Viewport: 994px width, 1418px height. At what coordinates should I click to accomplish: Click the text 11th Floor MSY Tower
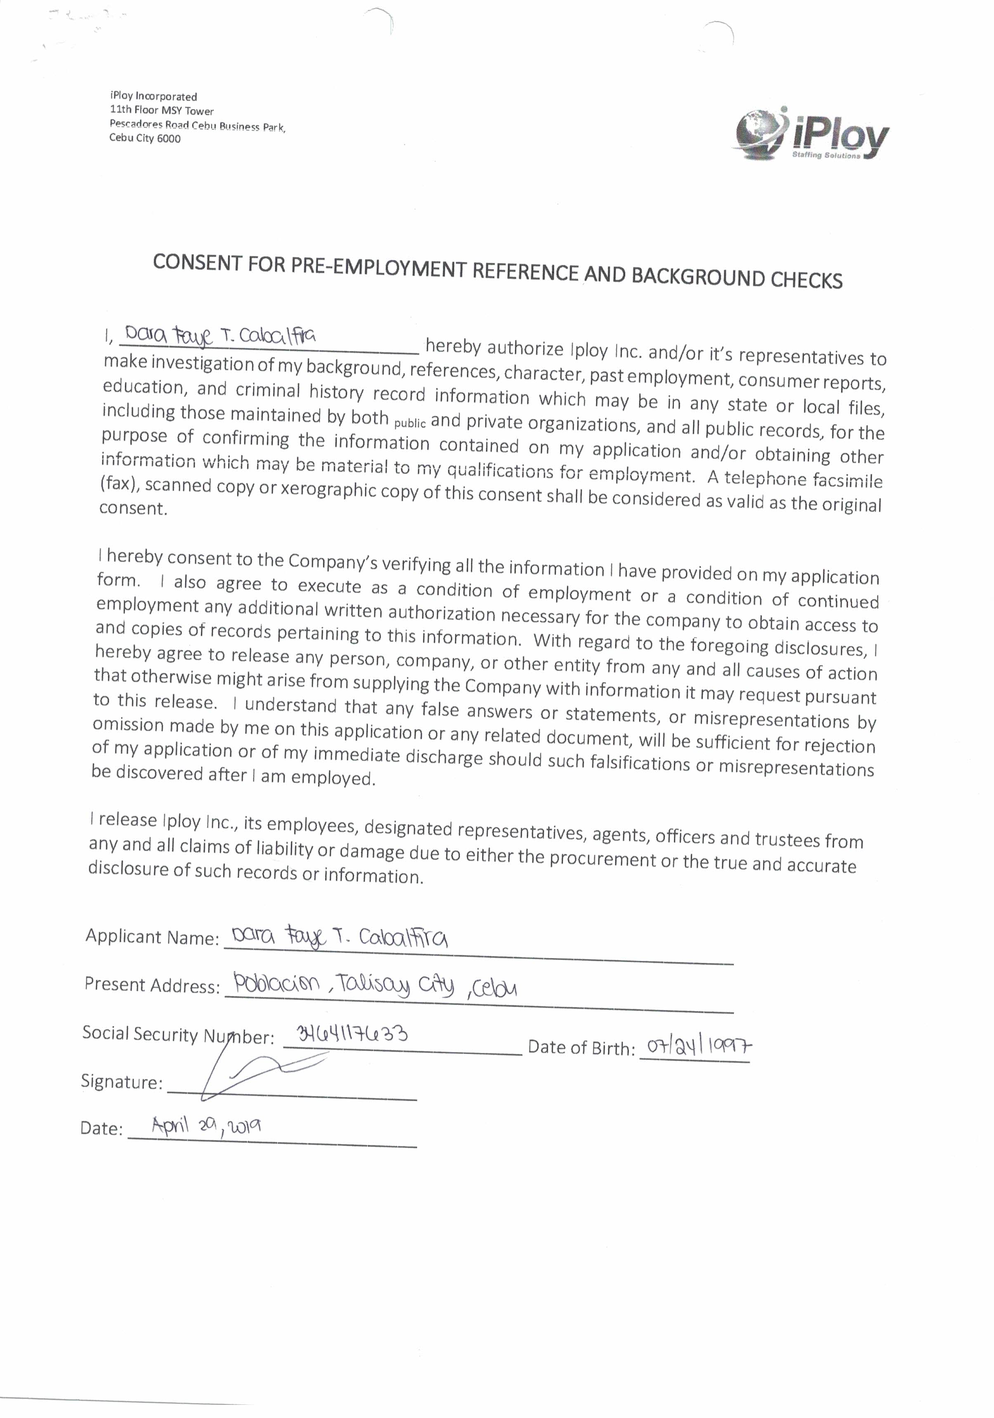point(161,111)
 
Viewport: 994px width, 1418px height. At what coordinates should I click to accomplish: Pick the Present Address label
point(151,984)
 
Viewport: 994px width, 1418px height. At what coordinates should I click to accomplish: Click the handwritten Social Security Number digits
point(352,1033)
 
